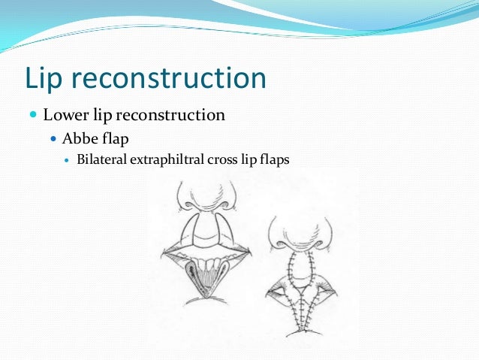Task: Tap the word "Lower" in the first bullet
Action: point(65,116)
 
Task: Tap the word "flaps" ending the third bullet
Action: point(274,160)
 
